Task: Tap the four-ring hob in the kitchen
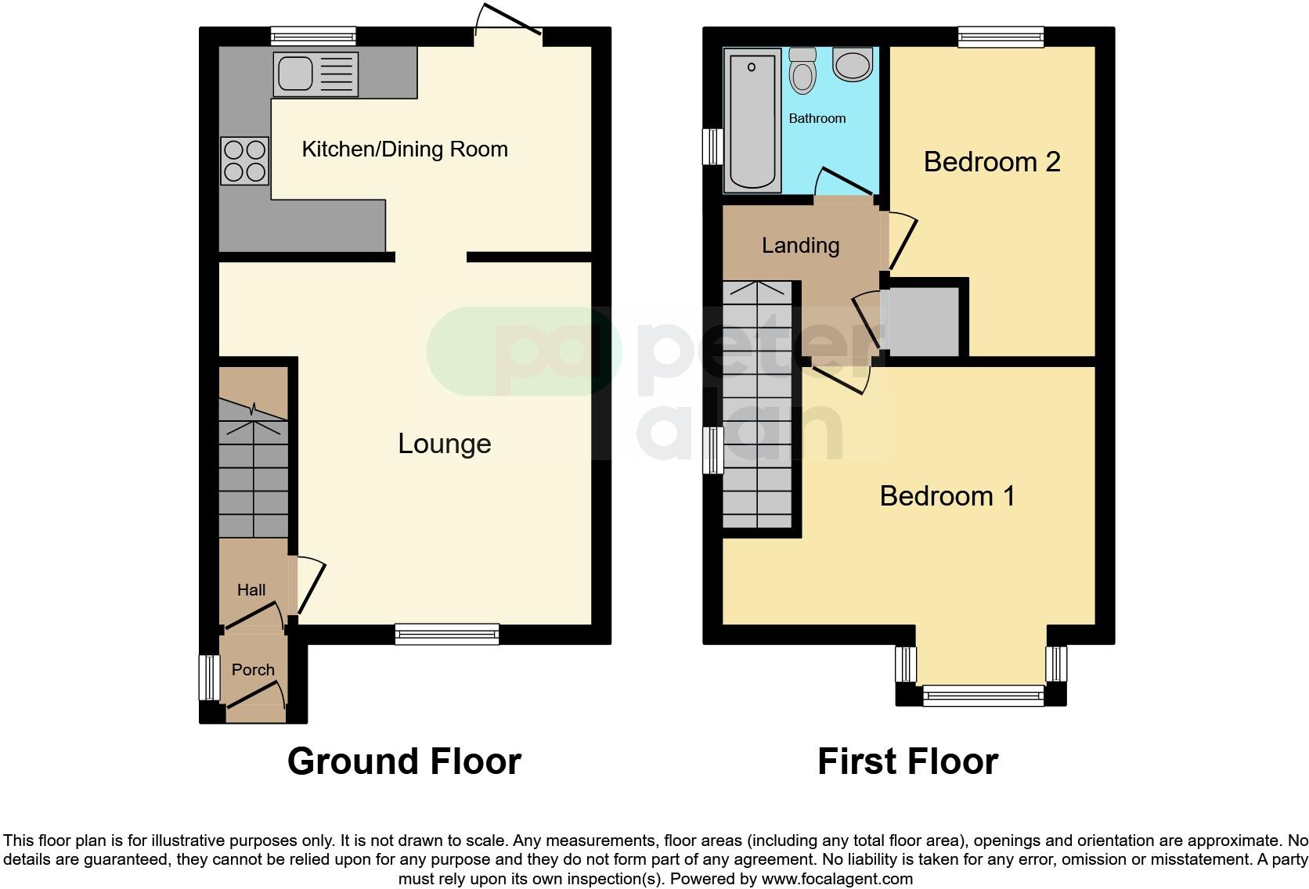tap(244, 160)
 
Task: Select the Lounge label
tap(444, 444)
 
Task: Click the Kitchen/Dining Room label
tap(405, 149)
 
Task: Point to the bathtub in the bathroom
tap(752, 120)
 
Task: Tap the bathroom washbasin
tap(853, 64)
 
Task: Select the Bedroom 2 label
tap(991, 162)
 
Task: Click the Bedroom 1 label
tap(947, 496)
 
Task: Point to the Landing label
tap(800, 246)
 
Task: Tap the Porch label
tap(253, 670)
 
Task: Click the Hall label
tap(251, 590)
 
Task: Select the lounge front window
tap(447, 634)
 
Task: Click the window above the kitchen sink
tap(313, 36)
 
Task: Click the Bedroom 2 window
tap(1001, 36)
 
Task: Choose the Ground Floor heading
tap(404, 761)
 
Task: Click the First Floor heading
tap(907, 761)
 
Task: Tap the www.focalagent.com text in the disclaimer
tap(836, 879)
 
